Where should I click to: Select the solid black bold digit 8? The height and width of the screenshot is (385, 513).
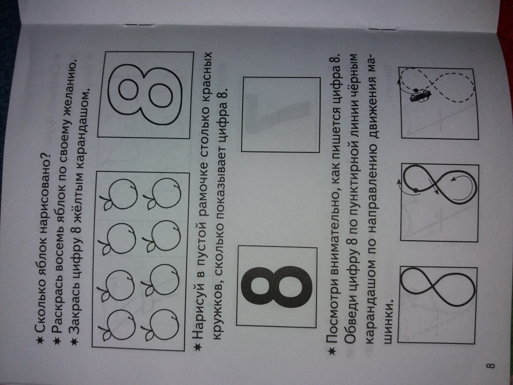[276, 286]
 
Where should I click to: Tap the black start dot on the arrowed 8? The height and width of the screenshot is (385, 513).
[415, 190]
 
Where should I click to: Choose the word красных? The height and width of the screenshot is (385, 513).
[201, 84]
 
